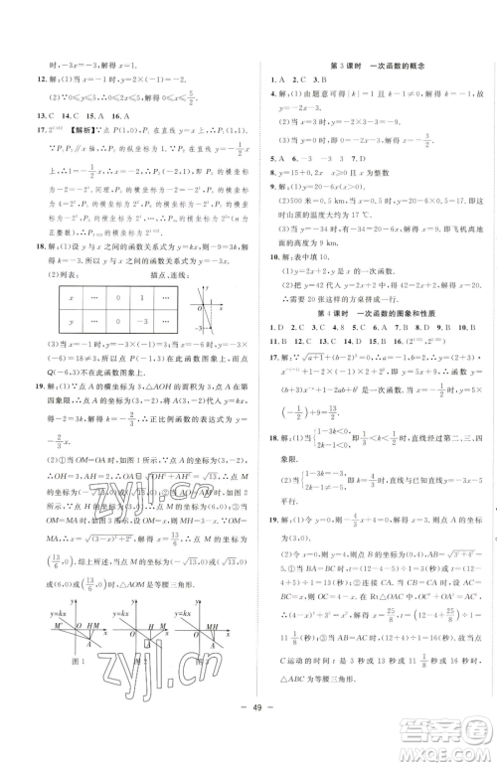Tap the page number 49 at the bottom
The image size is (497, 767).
248,745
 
